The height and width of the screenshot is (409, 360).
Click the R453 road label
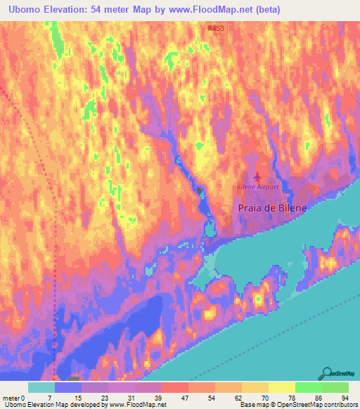coord(216,28)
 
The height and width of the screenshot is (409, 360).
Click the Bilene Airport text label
coord(257,188)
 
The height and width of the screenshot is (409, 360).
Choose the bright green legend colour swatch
coord(308,387)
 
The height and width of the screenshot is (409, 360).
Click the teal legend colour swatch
coord(41,387)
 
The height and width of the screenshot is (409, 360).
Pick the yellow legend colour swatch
coord(281,387)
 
